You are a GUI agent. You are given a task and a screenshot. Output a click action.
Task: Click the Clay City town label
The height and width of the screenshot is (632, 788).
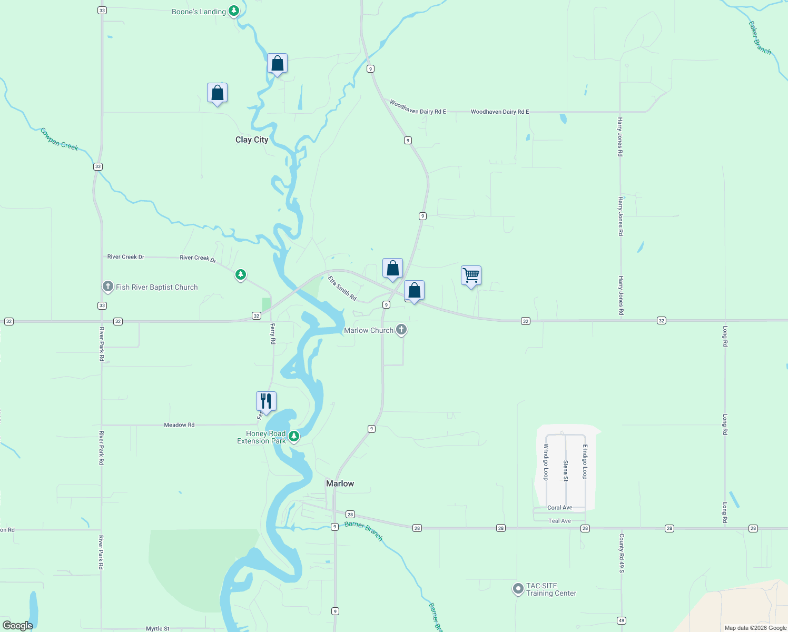(x=252, y=140)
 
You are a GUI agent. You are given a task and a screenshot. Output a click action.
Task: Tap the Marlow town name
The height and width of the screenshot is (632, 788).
(x=340, y=483)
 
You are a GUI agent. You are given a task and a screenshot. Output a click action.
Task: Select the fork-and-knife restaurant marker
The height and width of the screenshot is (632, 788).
(x=266, y=401)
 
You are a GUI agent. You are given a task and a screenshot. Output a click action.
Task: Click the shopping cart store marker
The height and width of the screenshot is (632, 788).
(x=471, y=275)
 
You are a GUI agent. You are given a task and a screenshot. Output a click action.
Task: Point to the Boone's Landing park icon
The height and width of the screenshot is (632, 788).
(x=234, y=11)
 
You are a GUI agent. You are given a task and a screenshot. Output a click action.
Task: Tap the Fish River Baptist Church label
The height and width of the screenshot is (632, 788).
(x=156, y=287)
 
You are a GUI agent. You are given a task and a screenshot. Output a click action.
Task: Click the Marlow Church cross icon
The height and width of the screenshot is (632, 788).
(x=401, y=330)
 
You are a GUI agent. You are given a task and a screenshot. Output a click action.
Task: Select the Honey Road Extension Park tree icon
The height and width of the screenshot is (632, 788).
(x=294, y=436)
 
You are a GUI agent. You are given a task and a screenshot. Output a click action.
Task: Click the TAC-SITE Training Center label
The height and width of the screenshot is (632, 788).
(x=551, y=589)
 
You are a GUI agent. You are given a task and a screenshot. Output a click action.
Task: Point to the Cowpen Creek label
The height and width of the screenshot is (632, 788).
(x=59, y=139)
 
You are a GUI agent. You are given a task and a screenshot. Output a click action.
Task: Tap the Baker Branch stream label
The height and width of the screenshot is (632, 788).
(x=760, y=38)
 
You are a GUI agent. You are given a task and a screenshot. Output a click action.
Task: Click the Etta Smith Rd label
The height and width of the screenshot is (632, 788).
(x=342, y=289)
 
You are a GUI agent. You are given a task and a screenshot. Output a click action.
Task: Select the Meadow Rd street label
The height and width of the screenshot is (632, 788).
(x=179, y=425)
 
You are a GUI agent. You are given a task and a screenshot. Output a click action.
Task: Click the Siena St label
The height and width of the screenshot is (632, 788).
(x=565, y=471)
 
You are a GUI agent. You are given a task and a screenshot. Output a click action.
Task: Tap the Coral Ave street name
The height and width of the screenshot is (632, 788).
(x=559, y=508)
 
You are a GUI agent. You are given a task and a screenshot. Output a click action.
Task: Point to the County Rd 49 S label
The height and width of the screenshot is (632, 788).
(x=622, y=553)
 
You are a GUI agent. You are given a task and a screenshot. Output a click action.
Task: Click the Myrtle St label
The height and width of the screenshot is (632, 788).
(x=157, y=628)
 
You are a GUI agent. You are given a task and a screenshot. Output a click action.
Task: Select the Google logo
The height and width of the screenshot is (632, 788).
(x=18, y=625)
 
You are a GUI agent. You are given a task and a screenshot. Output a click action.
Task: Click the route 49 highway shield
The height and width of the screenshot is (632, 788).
(x=622, y=620)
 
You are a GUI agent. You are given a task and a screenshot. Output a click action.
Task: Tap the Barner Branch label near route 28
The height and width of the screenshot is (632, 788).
(x=363, y=531)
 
